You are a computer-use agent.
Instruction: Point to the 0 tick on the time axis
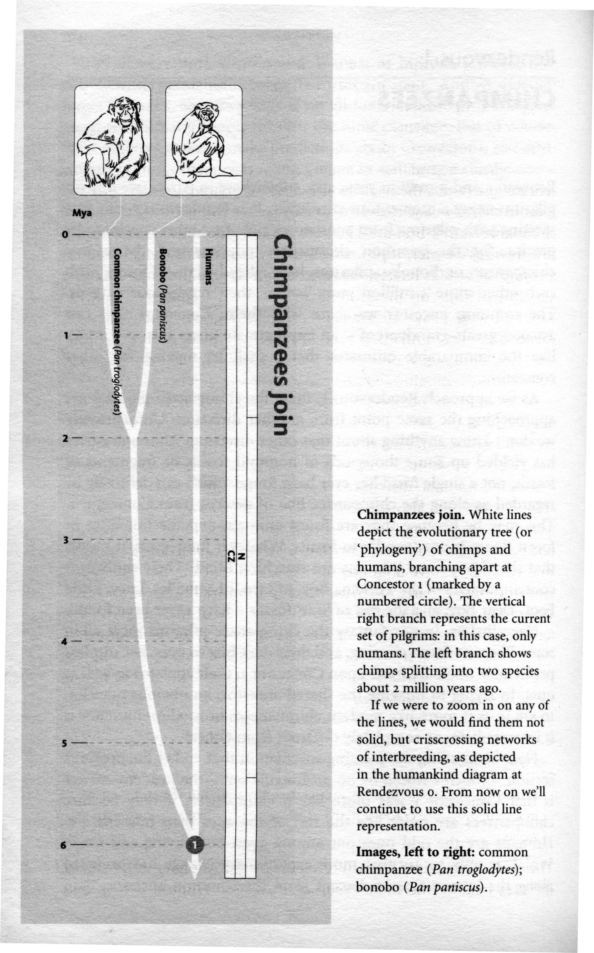pos(64,235)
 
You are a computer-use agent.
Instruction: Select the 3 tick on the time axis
pos(65,540)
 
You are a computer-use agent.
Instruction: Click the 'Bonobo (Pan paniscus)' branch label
pos(163,295)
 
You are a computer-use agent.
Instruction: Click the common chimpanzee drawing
pos(112,140)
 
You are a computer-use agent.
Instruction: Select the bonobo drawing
pos(203,140)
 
